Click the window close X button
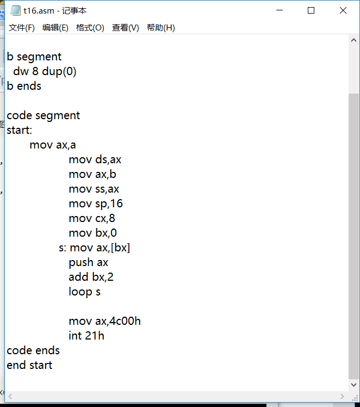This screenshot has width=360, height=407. coord(343,10)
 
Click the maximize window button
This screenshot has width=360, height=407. coord(311,10)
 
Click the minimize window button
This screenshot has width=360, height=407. coord(280,10)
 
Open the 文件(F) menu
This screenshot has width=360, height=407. coord(22,28)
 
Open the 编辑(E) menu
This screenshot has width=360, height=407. coord(55,28)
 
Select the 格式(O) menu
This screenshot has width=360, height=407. coord(90,28)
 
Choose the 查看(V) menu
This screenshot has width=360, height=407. coord(126,28)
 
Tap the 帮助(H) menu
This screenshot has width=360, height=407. coord(161,28)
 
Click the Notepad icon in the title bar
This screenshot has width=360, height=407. coord(15,10)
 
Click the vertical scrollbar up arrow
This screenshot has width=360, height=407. coord(353,40)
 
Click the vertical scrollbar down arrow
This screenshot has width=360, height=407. coord(353,385)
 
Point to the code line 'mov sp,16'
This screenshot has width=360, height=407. coord(96,203)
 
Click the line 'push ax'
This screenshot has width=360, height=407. coord(89,263)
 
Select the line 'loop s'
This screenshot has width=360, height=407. coord(84,292)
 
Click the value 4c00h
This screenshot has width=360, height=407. coord(125,321)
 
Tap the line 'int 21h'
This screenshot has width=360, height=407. coord(86,336)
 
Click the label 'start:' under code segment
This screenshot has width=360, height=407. coord(20,130)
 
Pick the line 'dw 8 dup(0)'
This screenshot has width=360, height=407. coord(45,71)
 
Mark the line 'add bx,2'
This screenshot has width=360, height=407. coord(91,277)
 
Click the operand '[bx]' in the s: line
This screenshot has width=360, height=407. coord(120,248)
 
